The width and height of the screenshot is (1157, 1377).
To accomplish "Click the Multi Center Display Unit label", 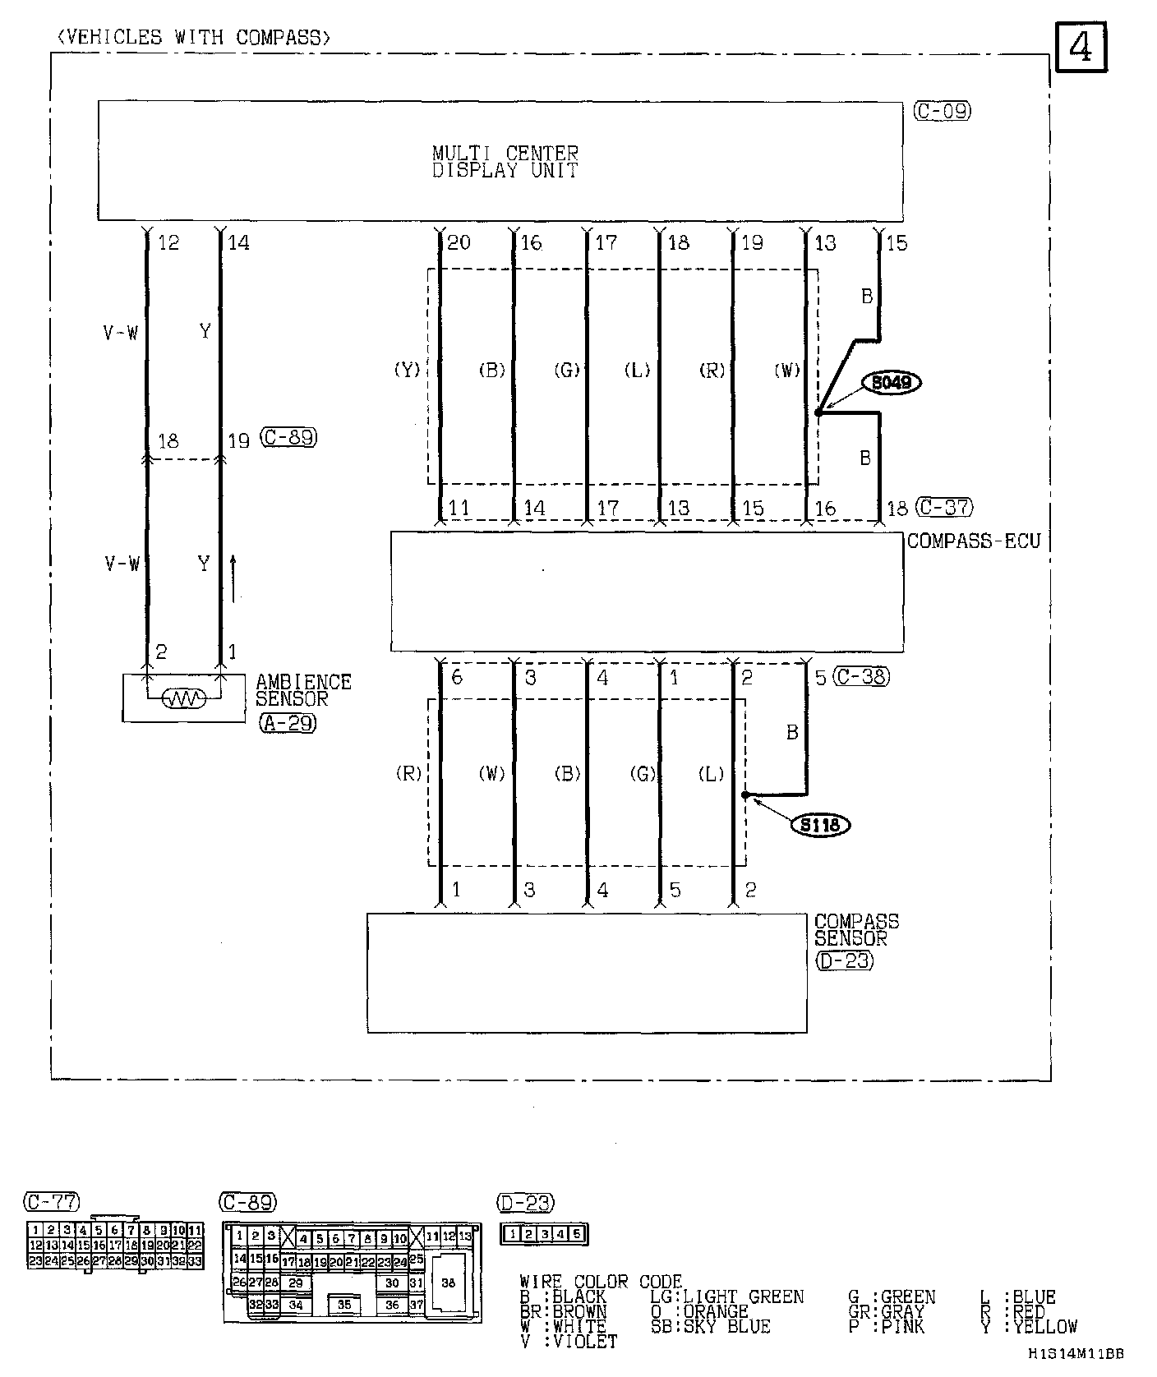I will (505, 162).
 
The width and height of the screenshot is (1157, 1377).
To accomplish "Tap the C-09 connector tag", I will (942, 111).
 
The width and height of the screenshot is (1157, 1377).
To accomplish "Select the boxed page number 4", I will (1081, 49).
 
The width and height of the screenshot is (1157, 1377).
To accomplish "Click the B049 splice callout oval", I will (895, 382).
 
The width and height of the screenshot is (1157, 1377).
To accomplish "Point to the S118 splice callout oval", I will (820, 823).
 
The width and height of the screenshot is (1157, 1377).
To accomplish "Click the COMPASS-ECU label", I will (974, 541).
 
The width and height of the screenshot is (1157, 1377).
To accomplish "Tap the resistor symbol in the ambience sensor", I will (183, 699).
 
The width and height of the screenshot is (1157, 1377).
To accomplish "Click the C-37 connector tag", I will (945, 507).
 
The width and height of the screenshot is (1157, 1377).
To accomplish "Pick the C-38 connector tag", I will (861, 676).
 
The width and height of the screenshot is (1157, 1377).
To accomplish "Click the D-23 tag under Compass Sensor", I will (844, 960).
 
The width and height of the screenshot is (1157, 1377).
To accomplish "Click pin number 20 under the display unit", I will (459, 242).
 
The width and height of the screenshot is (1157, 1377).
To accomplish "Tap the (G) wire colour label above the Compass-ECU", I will (567, 371).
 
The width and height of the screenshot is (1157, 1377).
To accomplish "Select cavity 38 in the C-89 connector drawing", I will (448, 1283).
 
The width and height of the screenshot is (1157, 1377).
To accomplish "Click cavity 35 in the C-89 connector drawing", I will (344, 1304).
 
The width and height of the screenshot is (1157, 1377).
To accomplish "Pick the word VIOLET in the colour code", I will (585, 1341).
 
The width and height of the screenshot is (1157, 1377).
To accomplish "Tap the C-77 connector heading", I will (52, 1202).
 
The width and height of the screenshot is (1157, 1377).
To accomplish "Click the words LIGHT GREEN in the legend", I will (744, 1296).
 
